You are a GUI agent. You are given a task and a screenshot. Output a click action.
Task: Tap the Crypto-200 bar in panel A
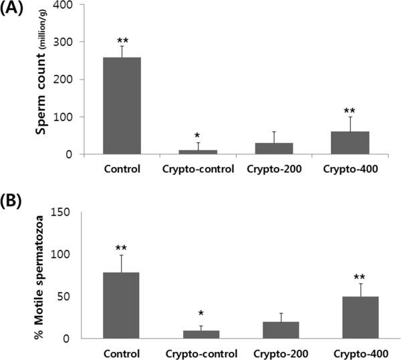click(274, 148)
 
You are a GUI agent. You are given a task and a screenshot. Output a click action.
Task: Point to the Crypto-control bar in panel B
click(201, 335)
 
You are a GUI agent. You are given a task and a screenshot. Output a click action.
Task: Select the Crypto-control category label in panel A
click(197, 168)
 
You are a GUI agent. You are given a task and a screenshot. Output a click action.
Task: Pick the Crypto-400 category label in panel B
click(360, 352)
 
